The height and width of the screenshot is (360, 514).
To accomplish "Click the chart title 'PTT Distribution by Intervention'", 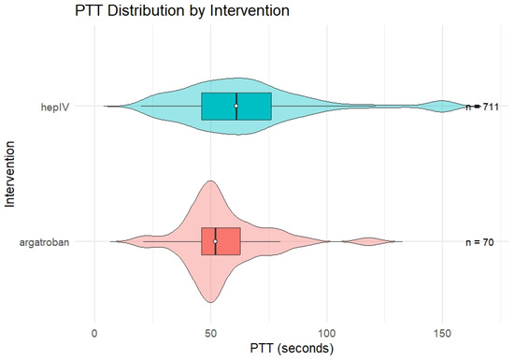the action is point(182,11).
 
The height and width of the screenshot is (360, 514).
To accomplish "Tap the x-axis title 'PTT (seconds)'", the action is point(292,348).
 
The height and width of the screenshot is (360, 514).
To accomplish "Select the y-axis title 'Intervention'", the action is point(10,174).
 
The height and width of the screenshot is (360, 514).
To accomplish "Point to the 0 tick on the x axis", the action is point(94,334).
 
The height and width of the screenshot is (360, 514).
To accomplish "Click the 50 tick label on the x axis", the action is point(211,334).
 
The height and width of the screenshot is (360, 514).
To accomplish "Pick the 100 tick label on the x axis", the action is point(327,334).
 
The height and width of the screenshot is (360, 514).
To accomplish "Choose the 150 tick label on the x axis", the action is point(443,334).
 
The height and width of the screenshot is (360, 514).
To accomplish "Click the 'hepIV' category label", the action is point(55,107).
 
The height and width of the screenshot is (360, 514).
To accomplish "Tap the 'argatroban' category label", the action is point(44,242).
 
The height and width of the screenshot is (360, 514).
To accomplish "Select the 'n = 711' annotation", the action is point(482,107).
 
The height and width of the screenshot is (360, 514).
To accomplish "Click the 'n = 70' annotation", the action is point(479,242).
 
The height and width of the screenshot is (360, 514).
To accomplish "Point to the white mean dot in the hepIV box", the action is point(236,106).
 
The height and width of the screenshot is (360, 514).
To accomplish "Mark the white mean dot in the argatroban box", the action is point(215,241).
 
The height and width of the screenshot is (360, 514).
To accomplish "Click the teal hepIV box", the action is point(236,107).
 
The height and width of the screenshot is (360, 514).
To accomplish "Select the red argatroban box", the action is point(221,241).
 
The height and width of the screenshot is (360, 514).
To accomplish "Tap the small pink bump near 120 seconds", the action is point(369,241).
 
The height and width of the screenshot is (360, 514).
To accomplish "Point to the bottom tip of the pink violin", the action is point(210,302).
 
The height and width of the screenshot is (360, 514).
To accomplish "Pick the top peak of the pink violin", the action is point(210,180).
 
